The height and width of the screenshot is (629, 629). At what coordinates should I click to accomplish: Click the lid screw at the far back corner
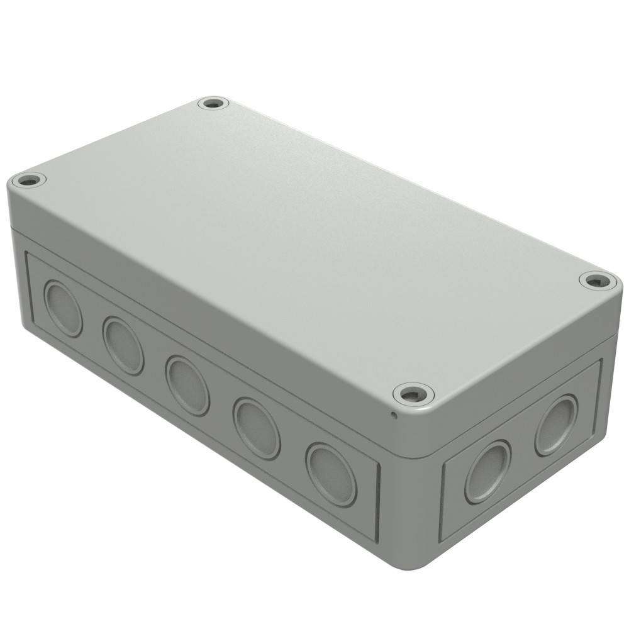(213, 103)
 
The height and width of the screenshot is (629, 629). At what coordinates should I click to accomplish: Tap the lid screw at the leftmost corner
(29, 181)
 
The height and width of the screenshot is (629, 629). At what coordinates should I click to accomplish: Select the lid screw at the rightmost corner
(598, 281)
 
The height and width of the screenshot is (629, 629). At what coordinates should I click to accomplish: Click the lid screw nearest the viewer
(413, 394)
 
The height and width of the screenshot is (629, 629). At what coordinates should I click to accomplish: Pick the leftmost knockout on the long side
(63, 308)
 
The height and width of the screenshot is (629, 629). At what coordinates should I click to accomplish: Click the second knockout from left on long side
(123, 345)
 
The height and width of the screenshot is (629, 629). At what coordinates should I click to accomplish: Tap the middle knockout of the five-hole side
(187, 385)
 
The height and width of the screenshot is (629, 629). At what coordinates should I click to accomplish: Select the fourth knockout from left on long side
(256, 428)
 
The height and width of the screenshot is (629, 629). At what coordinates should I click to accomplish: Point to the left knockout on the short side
(487, 472)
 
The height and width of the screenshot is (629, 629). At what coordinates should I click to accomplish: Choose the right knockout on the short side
(556, 425)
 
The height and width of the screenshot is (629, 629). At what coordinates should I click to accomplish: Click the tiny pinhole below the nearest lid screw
(394, 414)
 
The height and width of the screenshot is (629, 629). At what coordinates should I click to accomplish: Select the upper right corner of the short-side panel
(601, 361)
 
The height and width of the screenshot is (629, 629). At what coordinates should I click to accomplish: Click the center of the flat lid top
(314, 245)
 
